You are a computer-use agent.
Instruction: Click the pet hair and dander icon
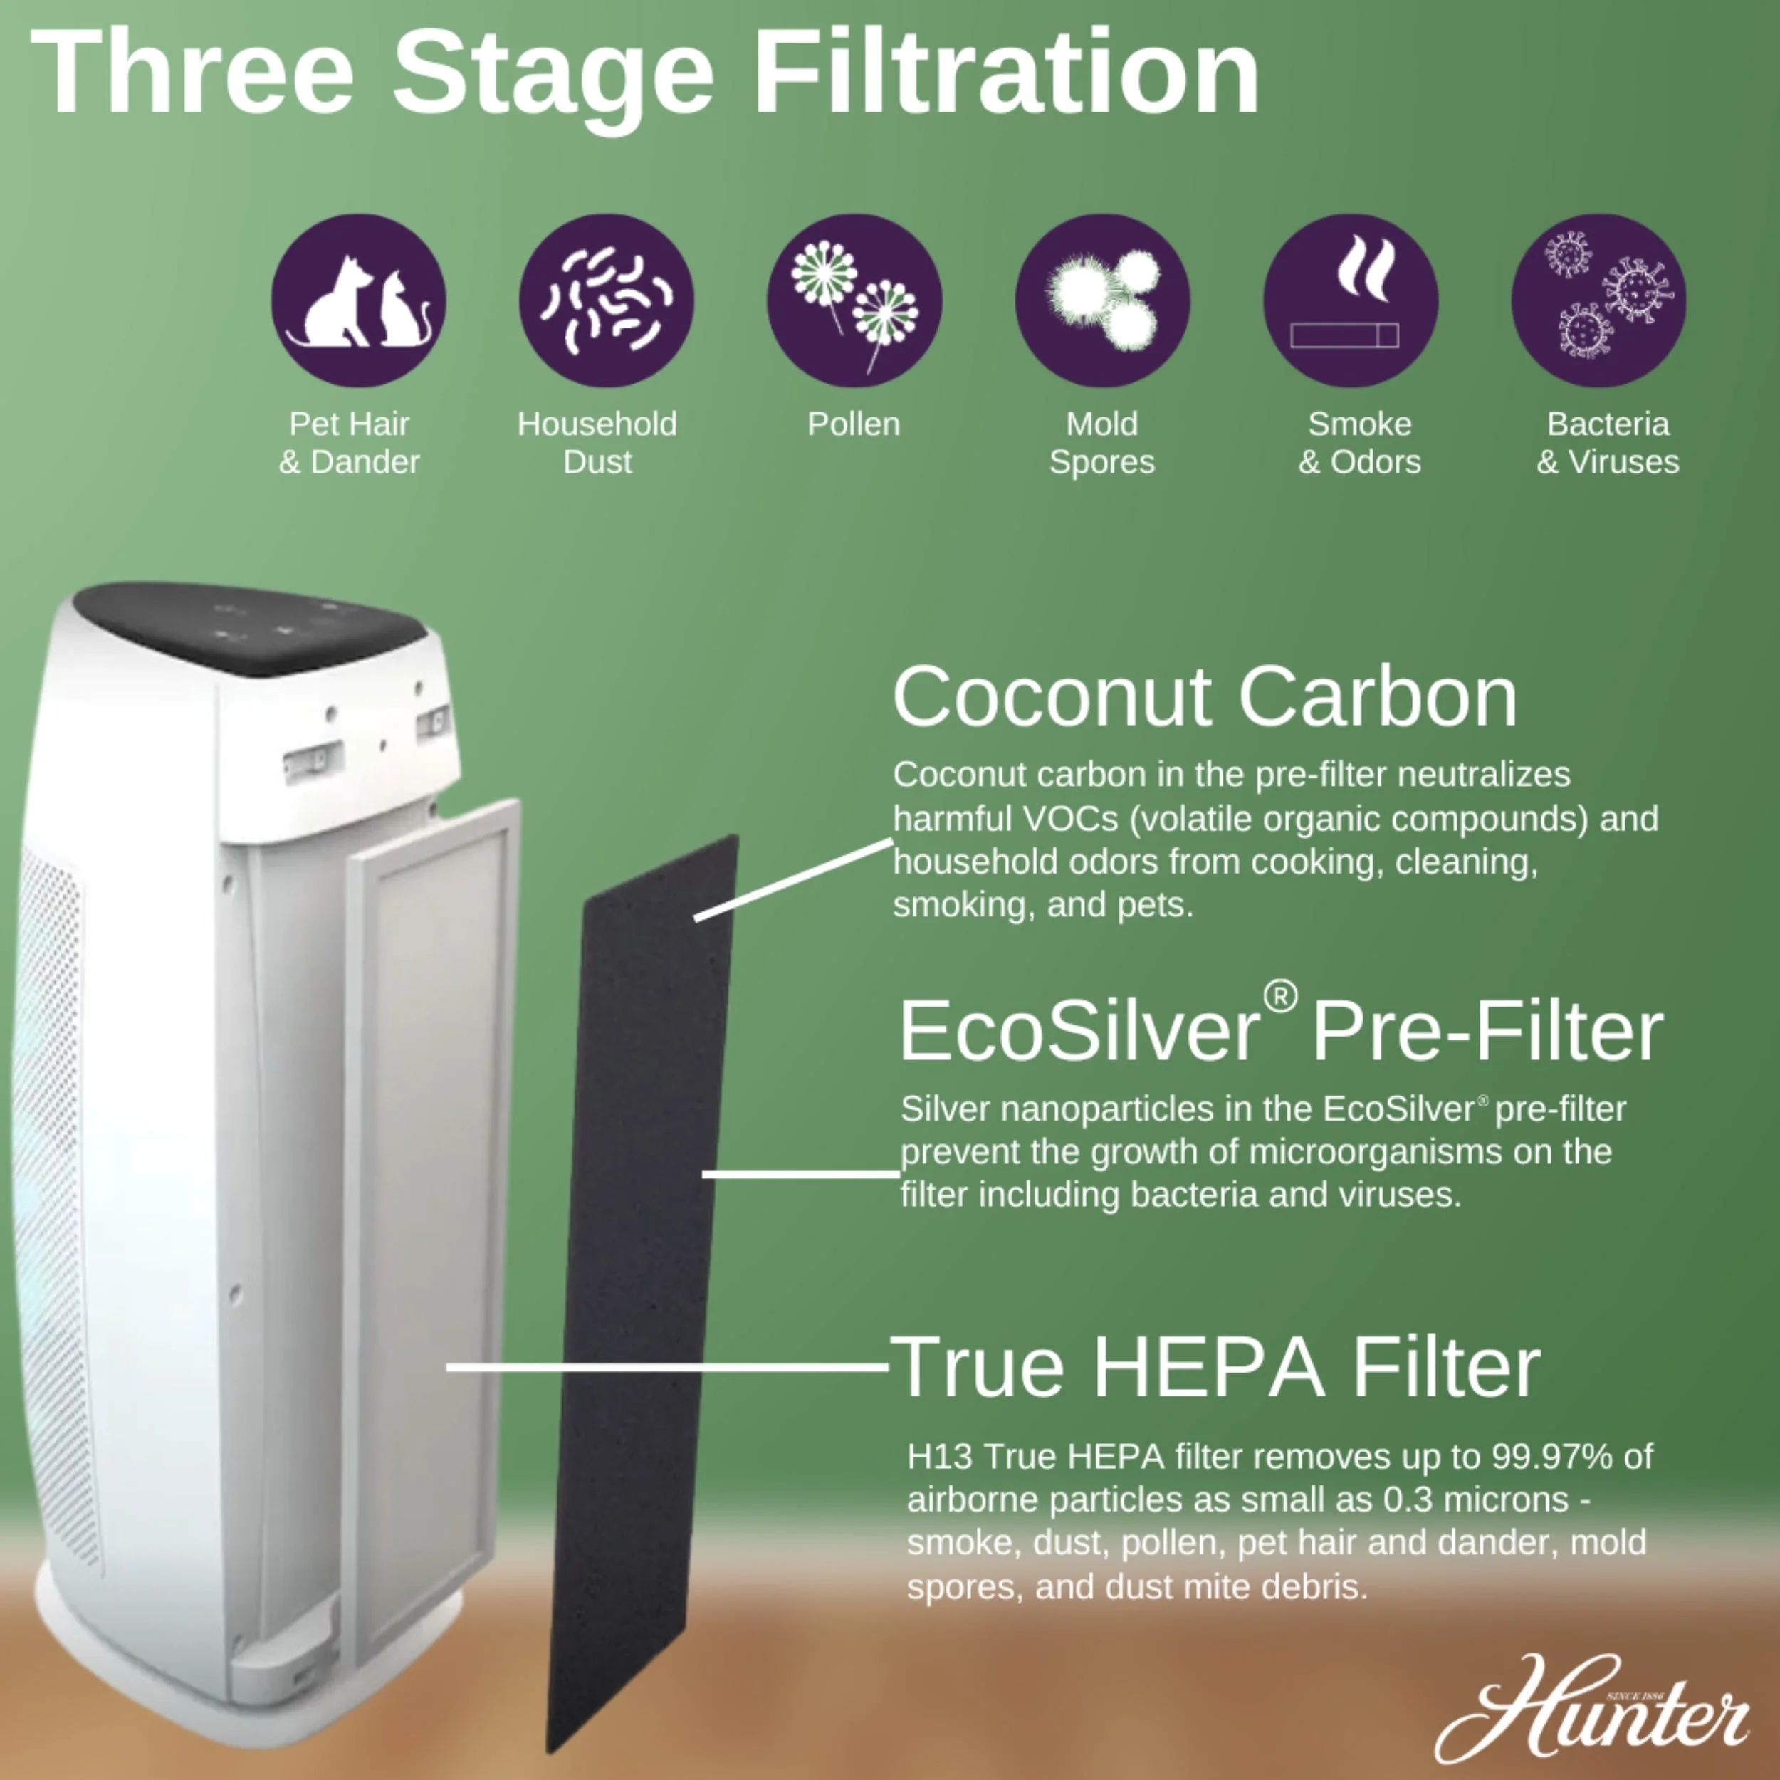coord(358,300)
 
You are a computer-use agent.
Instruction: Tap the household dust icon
coord(606,300)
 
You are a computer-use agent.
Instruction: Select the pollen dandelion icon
coord(854,300)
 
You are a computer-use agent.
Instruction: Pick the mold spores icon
coord(1102,300)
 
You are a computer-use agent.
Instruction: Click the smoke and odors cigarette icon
coord(1351,300)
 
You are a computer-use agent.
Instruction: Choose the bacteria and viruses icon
coord(1598,300)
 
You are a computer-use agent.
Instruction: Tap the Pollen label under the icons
coord(854,424)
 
